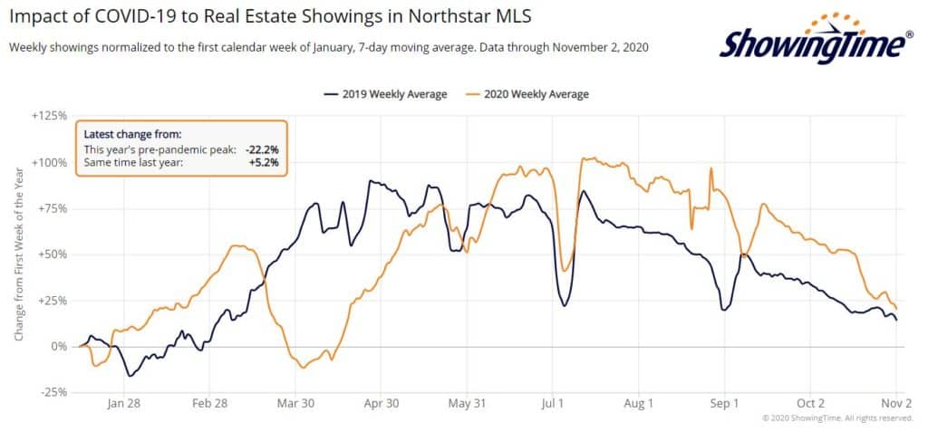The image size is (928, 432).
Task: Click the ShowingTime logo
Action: click(817, 40)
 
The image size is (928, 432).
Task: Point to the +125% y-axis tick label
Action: click(52, 117)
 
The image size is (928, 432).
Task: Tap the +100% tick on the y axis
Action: click(52, 163)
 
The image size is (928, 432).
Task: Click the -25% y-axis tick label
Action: click(53, 392)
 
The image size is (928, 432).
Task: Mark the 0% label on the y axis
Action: click(60, 347)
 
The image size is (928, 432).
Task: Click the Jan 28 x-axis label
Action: click(124, 405)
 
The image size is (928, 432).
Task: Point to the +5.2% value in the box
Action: click(264, 162)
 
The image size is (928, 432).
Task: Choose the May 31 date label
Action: click(469, 405)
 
